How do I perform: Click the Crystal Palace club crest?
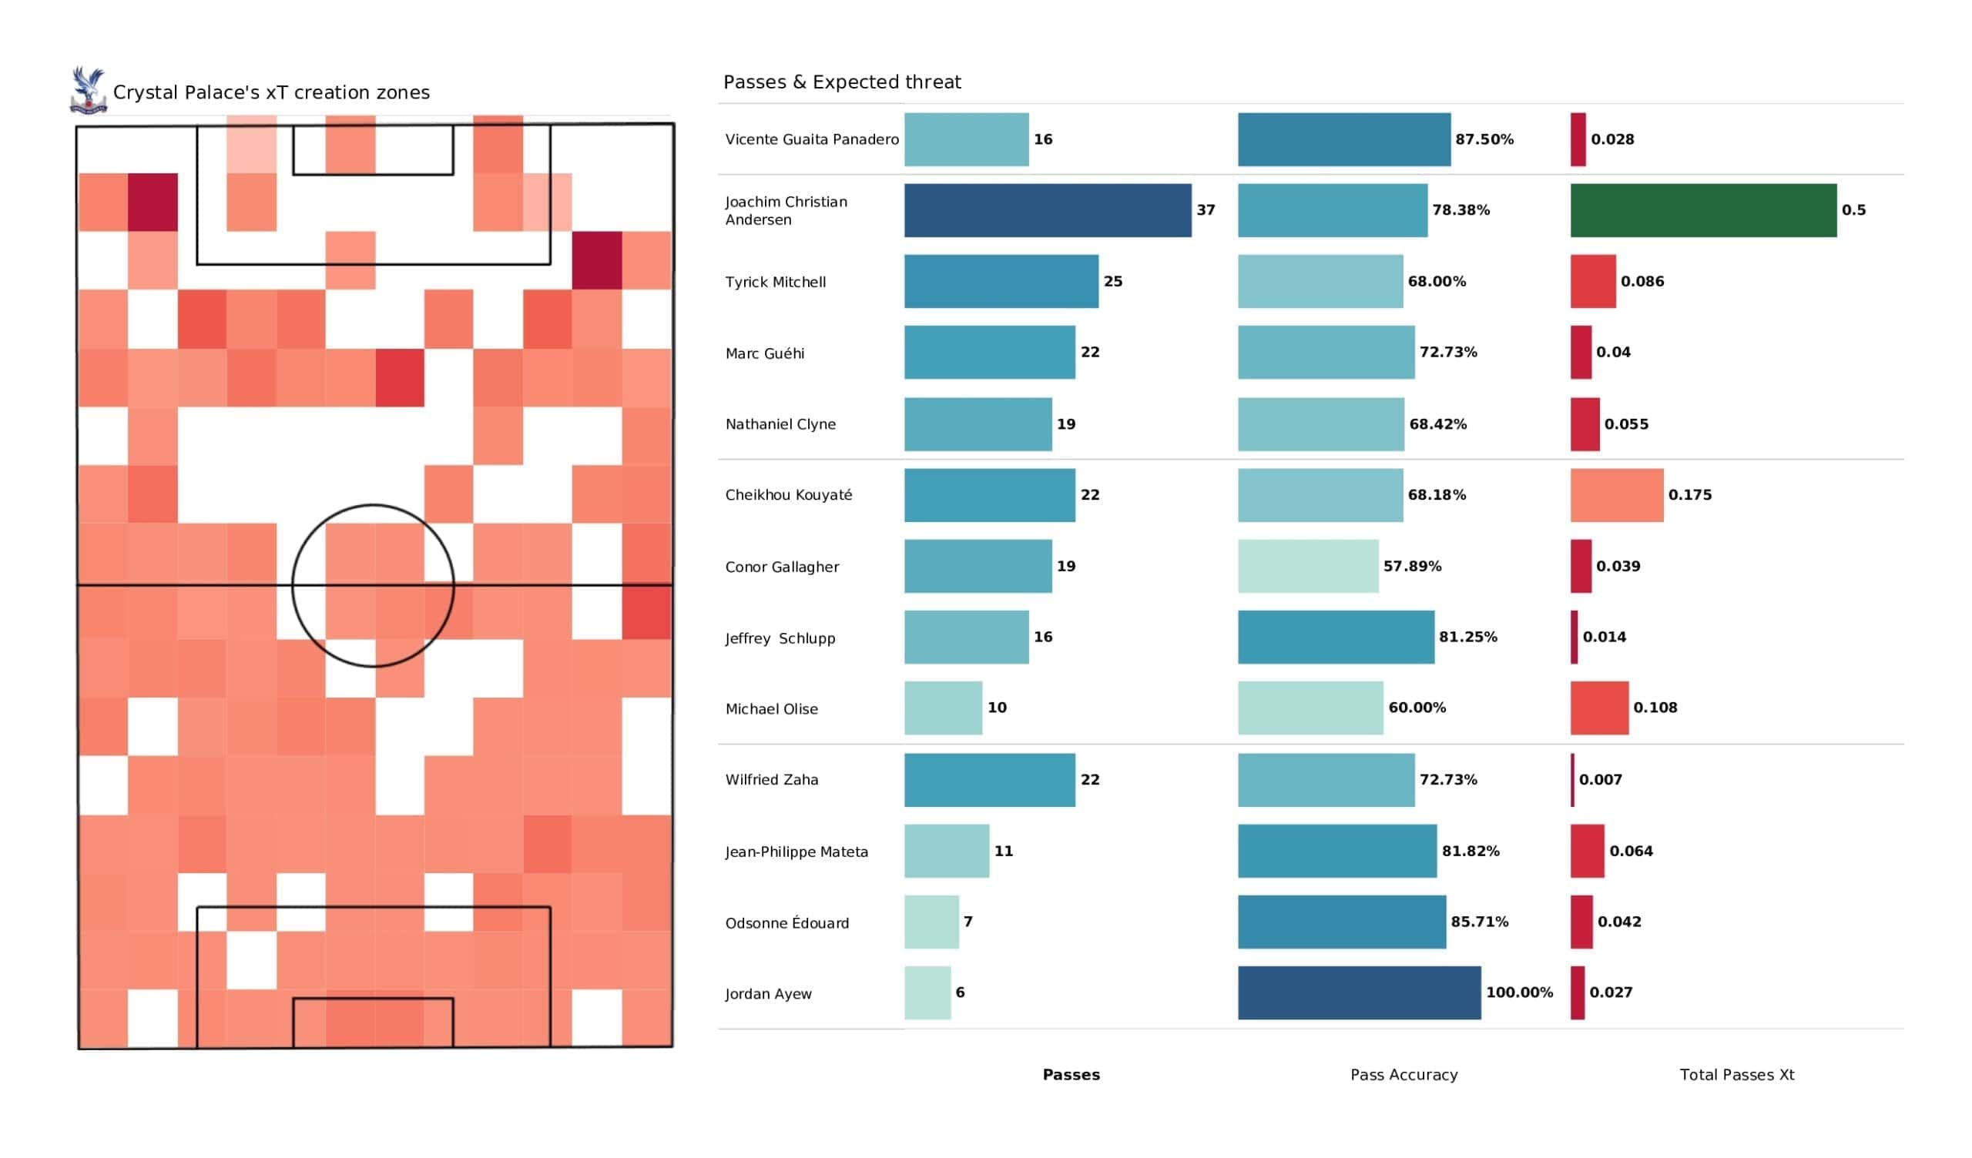(x=88, y=91)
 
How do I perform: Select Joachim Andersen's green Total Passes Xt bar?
(x=1703, y=210)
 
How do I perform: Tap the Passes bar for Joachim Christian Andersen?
(x=1048, y=210)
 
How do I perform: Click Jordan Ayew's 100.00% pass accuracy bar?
(x=1360, y=993)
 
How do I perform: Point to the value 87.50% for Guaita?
(x=1484, y=139)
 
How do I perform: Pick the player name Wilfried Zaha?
(x=772, y=780)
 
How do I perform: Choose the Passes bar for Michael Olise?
(x=943, y=708)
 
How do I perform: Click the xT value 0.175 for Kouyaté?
(x=1689, y=495)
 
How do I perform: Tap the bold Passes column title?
(x=1071, y=1075)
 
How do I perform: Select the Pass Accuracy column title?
(x=1404, y=1075)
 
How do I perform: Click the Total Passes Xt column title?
(x=1736, y=1075)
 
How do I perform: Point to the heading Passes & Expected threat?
(x=842, y=82)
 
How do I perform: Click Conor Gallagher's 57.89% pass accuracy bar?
(x=1308, y=566)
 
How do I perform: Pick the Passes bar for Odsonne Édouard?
(x=931, y=922)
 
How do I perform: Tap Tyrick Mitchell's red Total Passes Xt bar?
(x=1592, y=281)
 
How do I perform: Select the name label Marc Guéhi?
(x=765, y=353)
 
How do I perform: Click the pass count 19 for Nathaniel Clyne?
(x=1066, y=424)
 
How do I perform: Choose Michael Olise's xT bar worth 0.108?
(x=1598, y=708)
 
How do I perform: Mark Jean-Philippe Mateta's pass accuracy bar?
(x=1337, y=851)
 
